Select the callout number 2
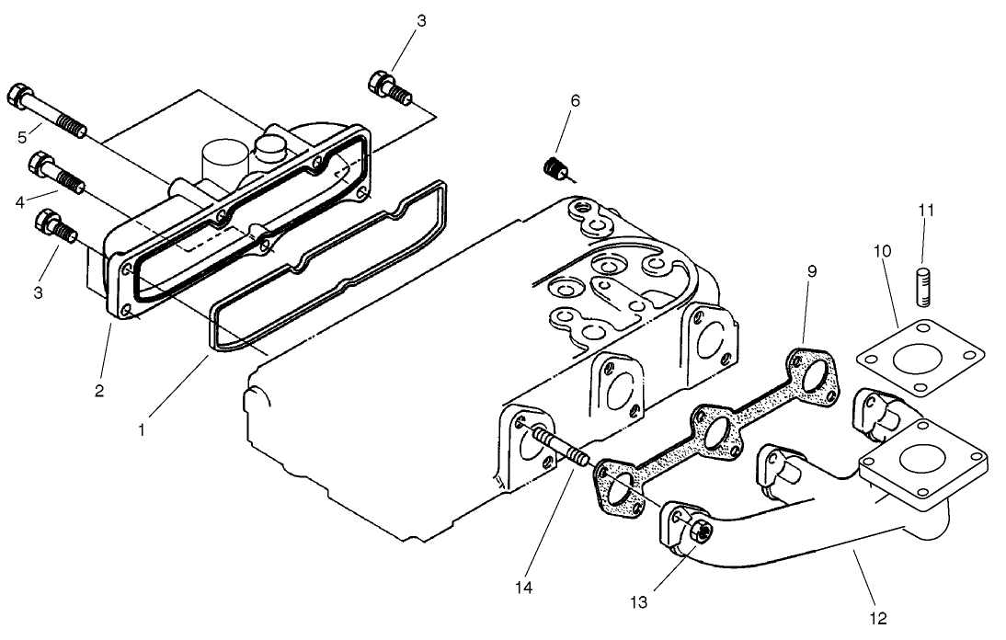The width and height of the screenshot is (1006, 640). [98, 390]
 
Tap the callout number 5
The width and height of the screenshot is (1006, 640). [22, 139]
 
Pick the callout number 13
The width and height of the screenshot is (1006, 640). [639, 602]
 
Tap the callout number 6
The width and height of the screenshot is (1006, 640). [575, 100]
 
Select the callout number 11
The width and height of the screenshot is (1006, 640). [925, 210]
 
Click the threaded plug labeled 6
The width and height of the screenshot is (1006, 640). [554, 168]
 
